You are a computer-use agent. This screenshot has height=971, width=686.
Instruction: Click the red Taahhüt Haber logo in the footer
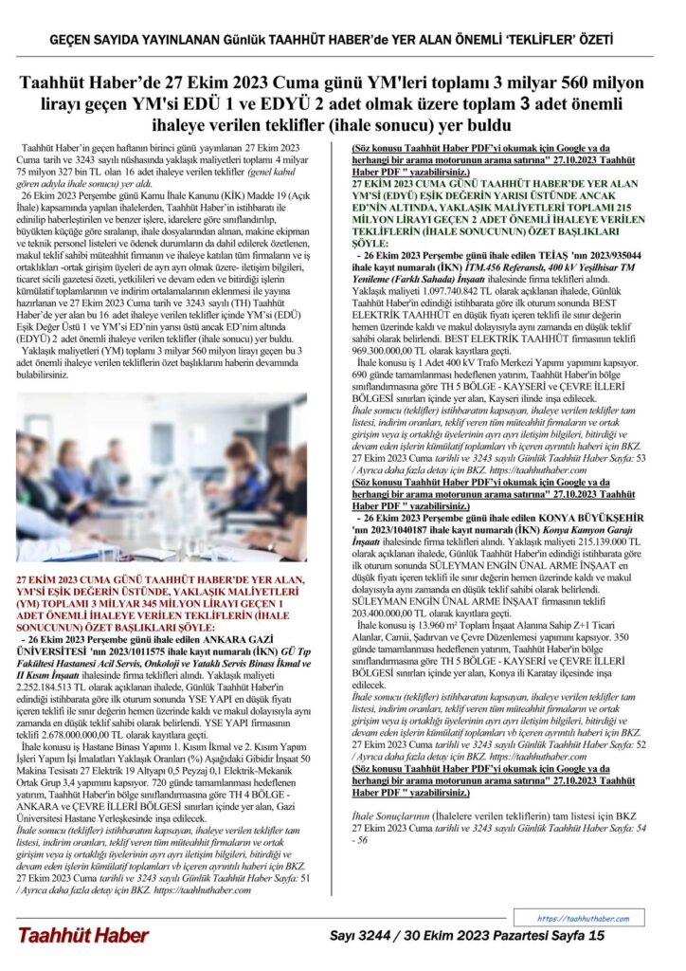tap(82, 936)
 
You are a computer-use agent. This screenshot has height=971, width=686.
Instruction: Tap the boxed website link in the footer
tap(584, 918)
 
